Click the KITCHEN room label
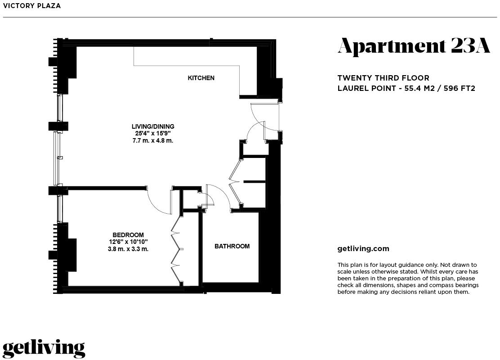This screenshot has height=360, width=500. pyautogui.click(x=201, y=78)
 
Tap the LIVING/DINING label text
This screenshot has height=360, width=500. pyautogui.click(x=153, y=126)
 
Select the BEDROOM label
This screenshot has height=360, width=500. pyautogui.click(x=128, y=235)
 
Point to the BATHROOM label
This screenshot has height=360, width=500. pyautogui.click(x=232, y=246)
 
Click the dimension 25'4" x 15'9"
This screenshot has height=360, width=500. pyautogui.click(x=153, y=133)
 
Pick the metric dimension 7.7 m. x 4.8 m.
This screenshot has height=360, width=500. pyautogui.click(x=153, y=140)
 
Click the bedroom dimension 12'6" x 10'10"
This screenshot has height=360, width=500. pyautogui.click(x=128, y=242)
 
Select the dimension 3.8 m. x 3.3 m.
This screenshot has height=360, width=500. pyautogui.click(x=128, y=249)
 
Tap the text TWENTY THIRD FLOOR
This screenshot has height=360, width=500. pyautogui.click(x=383, y=78)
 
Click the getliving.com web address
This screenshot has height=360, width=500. pyautogui.click(x=363, y=248)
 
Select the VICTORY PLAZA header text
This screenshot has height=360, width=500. pyautogui.click(x=31, y=6)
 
